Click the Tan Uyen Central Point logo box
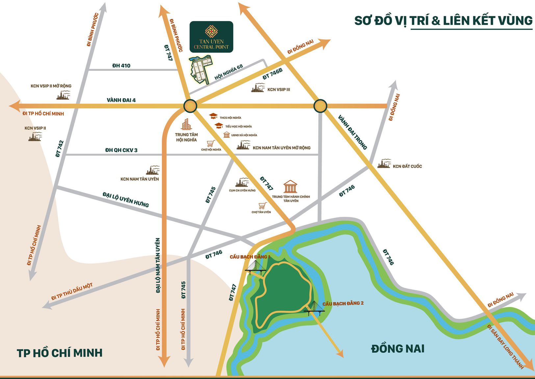pos(211,37)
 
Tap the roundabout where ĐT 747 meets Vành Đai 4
pos(190,106)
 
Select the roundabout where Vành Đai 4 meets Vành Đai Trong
pos(320,106)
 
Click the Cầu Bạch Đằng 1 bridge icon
pos(255,268)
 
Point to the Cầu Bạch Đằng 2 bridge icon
pos(314,308)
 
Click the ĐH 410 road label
pos(121,66)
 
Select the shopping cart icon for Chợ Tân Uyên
pos(262,206)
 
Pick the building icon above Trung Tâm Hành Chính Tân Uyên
pos(290,187)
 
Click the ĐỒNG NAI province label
pos(397,348)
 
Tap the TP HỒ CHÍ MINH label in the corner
pos(60,353)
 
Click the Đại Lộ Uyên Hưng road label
pos(126,199)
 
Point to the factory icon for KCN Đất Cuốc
pos(384,164)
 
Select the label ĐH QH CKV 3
pos(121,150)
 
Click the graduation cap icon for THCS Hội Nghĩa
pos(214,116)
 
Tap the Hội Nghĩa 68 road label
pos(229,72)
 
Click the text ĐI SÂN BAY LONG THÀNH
pos(505,347)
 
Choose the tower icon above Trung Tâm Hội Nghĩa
pos(186,124)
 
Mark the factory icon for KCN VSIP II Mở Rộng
pos(63,95)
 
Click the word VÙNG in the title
pos(515,20)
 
